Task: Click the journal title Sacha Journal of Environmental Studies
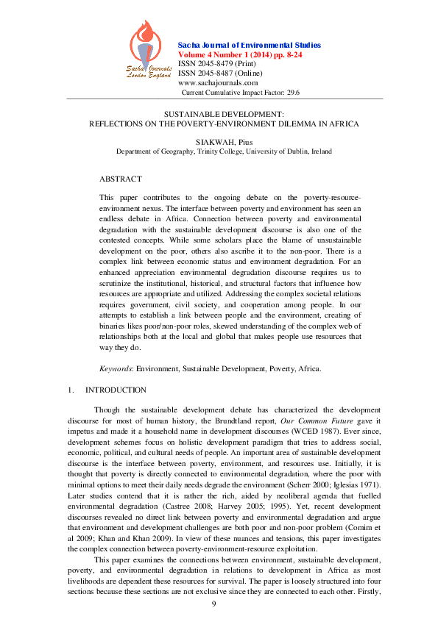[250, 46]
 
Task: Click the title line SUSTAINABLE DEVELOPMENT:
[223, 115]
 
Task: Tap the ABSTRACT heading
[121, 179]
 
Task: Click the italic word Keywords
[116, 367]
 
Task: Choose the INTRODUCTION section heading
[116, 390]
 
